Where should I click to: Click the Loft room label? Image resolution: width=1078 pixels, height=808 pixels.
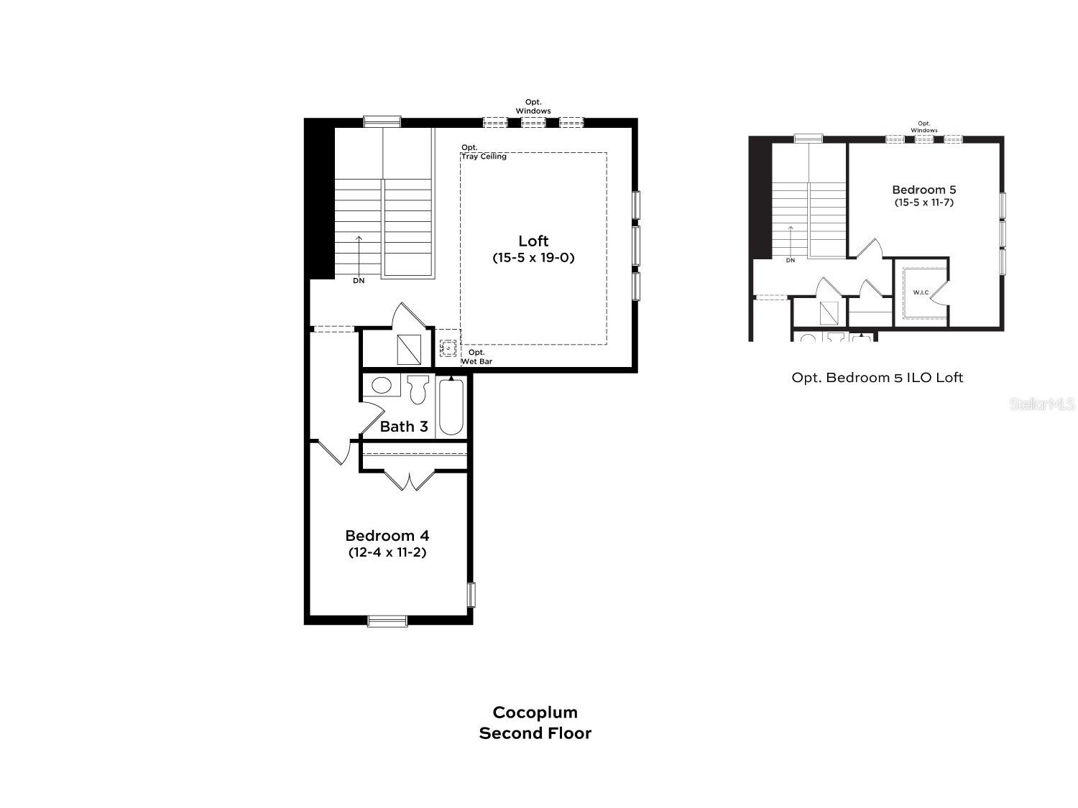coord(533,241)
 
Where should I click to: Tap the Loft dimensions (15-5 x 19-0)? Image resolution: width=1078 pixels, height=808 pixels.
coord(533,258)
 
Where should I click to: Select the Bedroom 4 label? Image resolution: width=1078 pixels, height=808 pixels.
coord(387,535)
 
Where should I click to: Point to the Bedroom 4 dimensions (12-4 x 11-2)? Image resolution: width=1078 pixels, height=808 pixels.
coord(387,552)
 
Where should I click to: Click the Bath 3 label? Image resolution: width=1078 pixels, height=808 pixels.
coord(404,427)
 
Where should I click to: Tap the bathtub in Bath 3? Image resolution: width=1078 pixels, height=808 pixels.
coord(451,406)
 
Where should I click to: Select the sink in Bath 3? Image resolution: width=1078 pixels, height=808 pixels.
coord(381,385)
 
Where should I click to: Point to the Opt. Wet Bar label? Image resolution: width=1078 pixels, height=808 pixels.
coord(476,357)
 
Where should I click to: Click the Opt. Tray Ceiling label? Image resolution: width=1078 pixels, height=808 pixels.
coord(484,152)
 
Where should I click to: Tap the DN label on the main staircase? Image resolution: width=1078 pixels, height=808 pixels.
coord(359,281)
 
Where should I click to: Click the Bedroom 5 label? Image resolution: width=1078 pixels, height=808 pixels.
coord(923,190)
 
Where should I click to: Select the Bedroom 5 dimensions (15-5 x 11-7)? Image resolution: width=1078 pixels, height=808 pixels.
coord(923,202)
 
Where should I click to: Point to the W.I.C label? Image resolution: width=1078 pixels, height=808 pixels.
coord(921,292)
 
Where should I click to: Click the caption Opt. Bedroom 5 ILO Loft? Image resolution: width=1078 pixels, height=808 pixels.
coord(877,377)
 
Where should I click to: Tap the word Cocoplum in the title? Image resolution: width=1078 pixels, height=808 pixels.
coord(535,712)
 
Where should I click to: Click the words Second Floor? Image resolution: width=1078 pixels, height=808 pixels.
coord(535,733)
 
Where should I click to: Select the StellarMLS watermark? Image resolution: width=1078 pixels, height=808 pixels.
coord(1042,404)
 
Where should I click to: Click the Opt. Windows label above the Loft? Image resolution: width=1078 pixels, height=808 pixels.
coord(533,106)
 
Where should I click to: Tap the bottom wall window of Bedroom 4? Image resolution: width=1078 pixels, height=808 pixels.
coord(387,621)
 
